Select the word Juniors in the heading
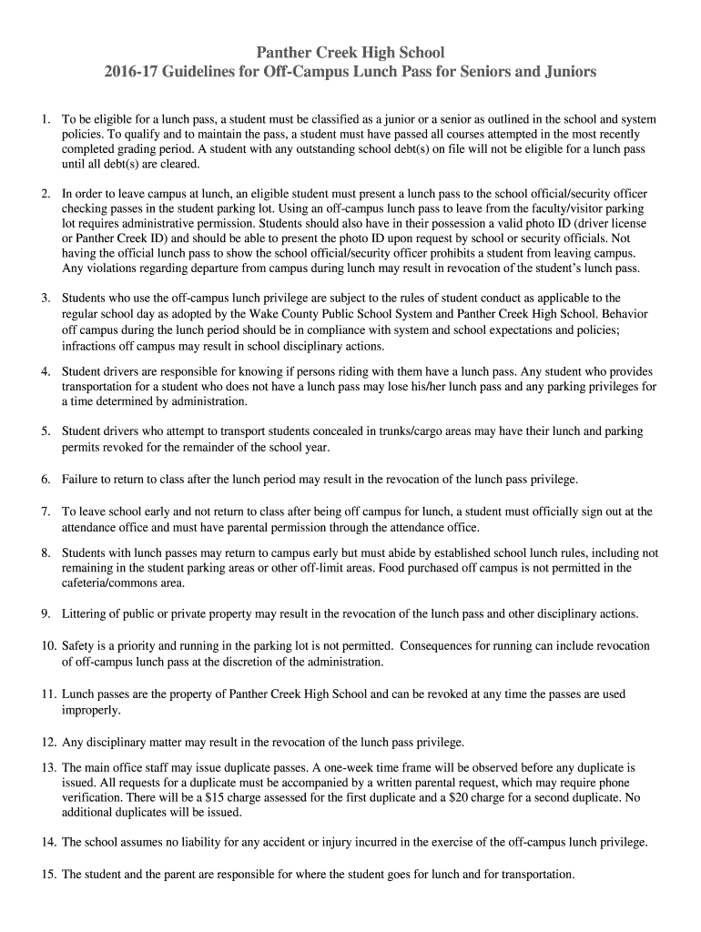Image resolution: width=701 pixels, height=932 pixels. pos(566,71)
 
